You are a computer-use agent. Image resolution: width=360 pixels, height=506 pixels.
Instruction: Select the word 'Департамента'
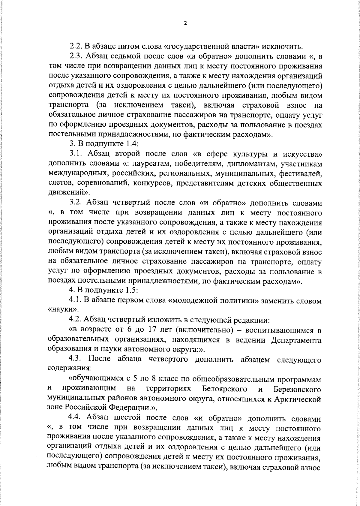[x=296, y=340]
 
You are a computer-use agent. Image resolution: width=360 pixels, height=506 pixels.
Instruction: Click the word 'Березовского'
[x=297, y=389]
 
